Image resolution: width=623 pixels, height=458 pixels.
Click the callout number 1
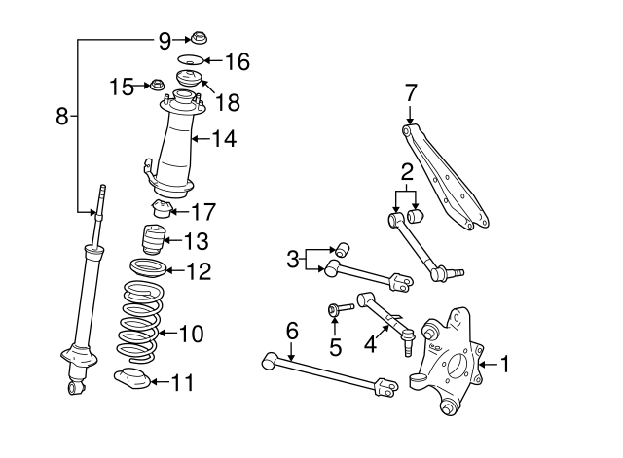(x=506, y=365)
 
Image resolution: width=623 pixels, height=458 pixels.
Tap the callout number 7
(x=411, y=93)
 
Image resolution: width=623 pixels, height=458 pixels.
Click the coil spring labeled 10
(x=138, y=318)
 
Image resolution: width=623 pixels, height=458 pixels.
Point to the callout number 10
(x=191, y=335)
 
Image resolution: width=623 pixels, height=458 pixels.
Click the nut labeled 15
(x=155, y=86)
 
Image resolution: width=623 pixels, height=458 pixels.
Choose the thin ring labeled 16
(x=189, y=62)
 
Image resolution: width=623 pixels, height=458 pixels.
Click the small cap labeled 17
(x=160, y=207)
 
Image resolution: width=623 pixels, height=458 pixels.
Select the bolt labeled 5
(x=335, y=310)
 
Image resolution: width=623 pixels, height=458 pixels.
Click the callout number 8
(x=61, y=117)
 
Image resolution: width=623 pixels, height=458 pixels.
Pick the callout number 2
(x=407, y=173)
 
